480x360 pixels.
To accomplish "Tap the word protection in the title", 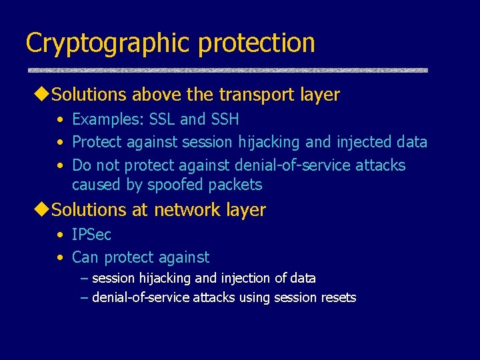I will [x=257, y=43].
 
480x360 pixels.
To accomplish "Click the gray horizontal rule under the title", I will [x=227, y=70].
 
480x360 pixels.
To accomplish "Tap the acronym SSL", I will [x=162, y=119].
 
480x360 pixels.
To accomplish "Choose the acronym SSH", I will [x=224, y=119].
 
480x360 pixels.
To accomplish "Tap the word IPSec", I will [x=92, y=235].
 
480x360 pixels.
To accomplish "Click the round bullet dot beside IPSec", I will [x=61, y=235].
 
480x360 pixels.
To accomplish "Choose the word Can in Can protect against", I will [x=85, y=257].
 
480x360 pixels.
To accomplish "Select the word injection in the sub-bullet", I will [x=245, y=278].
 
